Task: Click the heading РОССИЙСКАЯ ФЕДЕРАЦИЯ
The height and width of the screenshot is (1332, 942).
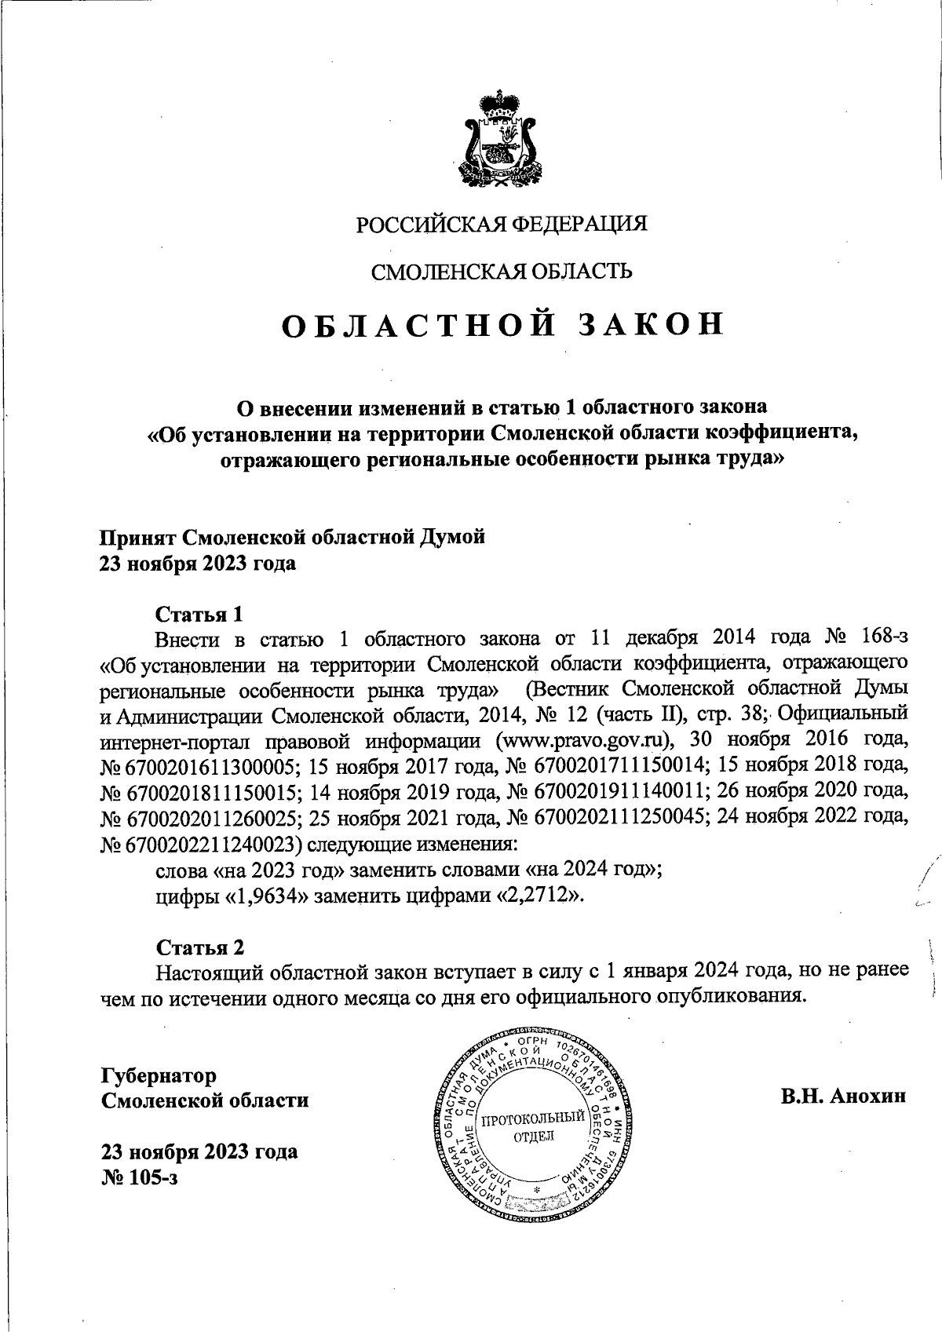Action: coord(502,224)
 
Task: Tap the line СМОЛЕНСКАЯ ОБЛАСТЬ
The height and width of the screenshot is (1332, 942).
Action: coord(502,272)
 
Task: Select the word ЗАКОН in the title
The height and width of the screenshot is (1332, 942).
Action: coord(650,326)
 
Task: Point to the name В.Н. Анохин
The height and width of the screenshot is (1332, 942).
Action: coord(843,1096)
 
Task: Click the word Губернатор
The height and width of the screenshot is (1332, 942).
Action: coord(159,1075)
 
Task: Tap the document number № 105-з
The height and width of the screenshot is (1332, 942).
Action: coord(139,1177)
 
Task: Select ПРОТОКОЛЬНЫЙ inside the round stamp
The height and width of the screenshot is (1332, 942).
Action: coord(533,1118)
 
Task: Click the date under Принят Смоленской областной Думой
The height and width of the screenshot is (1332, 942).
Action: coord(196,564)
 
